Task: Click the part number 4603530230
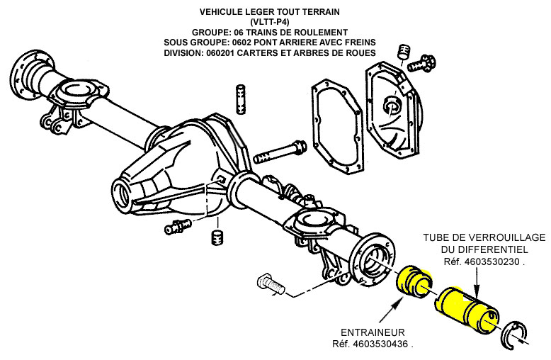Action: (x=493, y=262)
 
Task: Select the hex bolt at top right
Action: (x=425, y=63)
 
